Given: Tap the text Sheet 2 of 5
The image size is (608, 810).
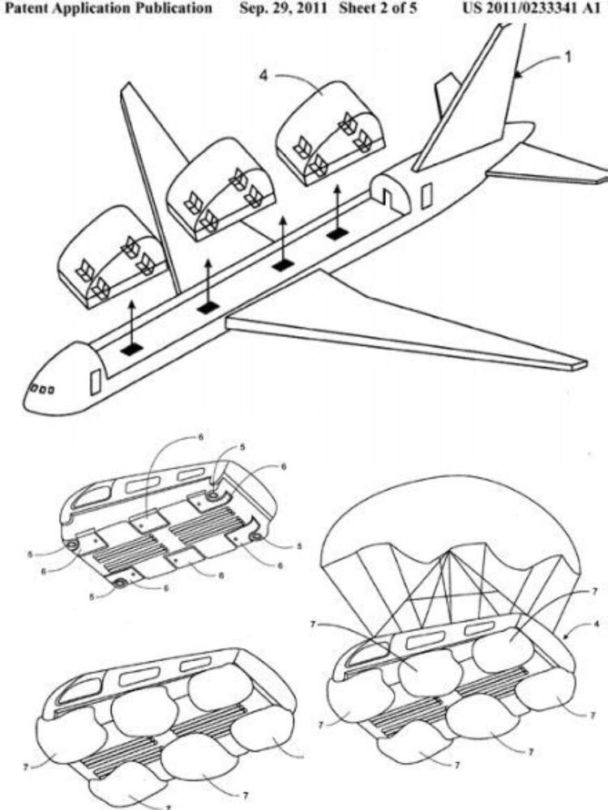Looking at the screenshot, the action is click(378, 8).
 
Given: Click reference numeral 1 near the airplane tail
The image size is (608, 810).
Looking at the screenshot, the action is click(567, 57).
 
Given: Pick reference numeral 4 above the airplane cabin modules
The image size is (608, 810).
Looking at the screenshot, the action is click(263, 76).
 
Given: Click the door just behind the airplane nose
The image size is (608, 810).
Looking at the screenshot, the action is click(95, 382).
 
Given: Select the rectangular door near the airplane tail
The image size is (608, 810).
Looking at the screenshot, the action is click(426, 196).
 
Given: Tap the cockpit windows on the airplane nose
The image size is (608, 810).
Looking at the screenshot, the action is click(41, 389).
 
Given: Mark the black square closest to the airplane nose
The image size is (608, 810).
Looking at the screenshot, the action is click(131, 350).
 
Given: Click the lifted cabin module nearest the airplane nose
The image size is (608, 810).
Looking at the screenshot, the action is click(112, 257).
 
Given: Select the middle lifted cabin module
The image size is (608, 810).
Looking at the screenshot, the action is click(221, 189).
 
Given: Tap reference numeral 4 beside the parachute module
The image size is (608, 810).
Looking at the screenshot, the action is click(597, 624).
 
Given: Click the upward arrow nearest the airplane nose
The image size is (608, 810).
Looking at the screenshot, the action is click(131, 323).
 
